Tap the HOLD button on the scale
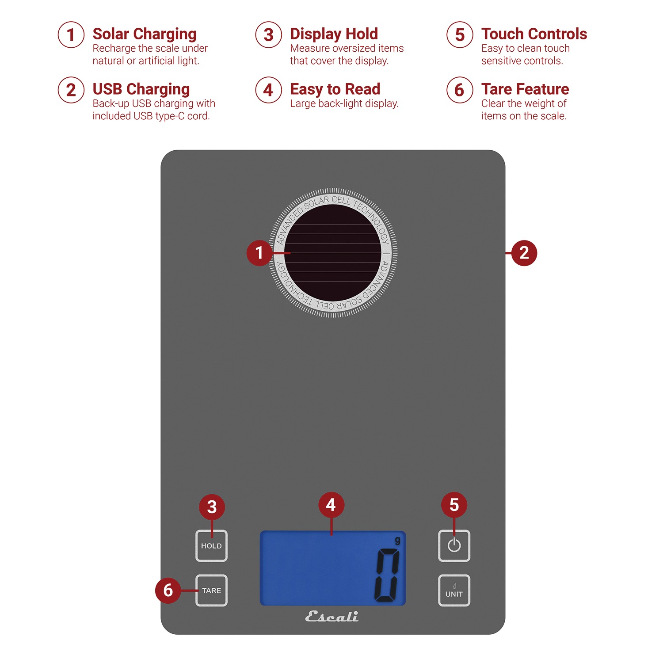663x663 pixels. [211, 546]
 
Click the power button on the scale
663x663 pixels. [454, 546]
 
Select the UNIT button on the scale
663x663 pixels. [454, 591]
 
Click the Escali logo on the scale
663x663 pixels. [332, 617]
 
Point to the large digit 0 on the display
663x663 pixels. [387, 575]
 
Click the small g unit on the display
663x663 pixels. [397, 541]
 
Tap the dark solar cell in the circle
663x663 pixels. [333, 253]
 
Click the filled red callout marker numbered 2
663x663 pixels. [524, 253]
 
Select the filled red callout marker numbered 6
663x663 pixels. [168, 590]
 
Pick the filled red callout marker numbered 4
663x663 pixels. [331, 505]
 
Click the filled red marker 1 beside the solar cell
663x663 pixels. [259, 253]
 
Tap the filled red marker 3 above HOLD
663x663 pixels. [212, 507]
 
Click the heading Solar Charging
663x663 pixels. [145, 34]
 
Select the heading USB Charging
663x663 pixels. [141, 89]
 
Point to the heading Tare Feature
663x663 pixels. [525, 89]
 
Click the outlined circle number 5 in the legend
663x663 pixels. [460, 34]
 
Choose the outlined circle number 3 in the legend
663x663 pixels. [268, 34]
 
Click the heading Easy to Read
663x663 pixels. [335, 89]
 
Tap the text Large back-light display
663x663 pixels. [344, 103]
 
